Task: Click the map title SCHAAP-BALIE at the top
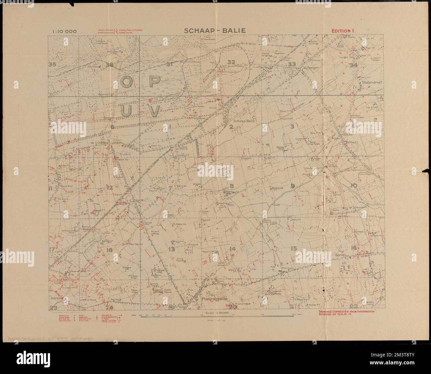pos(215,31)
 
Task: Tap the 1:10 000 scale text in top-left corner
pos(64,32)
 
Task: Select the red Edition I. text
pos(344,31)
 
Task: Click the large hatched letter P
pos(153,82)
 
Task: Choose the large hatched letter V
pos(153,111)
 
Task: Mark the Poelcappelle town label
pos(215,299)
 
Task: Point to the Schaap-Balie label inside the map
pos(244,121)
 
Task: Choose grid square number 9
pos(292,186)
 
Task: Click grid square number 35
pos(52,64)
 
